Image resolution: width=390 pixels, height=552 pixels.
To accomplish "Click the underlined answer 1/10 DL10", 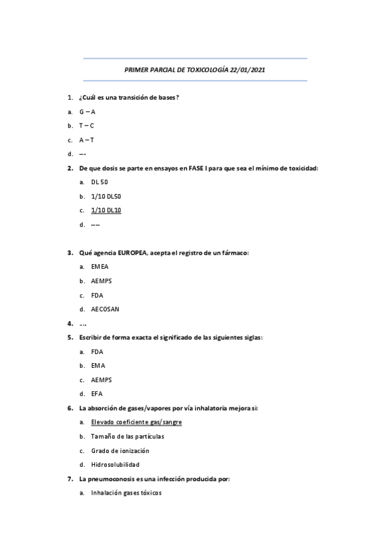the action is [106, 210].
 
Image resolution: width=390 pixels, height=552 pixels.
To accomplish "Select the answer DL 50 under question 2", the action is [100, 182].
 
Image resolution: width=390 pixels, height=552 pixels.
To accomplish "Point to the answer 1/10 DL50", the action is [106, 196].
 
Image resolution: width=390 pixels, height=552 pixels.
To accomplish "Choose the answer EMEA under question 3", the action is [100, 267].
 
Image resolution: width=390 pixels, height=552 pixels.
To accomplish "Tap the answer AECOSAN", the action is [105, 309].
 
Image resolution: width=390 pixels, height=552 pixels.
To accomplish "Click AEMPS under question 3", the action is [102, 281].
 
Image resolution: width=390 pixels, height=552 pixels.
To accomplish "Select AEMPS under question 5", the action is [102, 379].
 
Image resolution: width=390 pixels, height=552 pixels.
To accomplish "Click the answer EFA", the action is [97, 394].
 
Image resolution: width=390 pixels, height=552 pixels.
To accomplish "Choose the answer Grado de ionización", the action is [120, 450].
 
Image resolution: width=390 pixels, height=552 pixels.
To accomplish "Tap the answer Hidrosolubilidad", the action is [115, 465].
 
